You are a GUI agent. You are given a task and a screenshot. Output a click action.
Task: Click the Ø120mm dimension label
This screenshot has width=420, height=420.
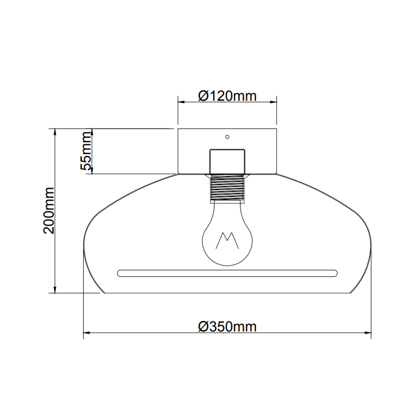(227, 95)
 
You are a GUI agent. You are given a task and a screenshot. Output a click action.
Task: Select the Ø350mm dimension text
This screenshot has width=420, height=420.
(227, 326)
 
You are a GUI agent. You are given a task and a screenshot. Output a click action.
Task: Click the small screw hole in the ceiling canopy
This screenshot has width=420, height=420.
(227, 136)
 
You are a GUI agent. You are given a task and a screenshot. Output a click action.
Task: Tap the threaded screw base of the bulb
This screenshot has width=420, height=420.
(227, 187)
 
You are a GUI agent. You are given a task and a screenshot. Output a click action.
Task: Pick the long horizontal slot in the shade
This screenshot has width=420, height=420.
(227, 273)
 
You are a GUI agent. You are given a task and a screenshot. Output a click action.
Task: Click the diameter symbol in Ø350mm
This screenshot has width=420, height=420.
(203, 326)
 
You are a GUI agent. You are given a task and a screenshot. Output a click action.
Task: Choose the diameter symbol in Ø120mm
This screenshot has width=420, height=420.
(203, 95)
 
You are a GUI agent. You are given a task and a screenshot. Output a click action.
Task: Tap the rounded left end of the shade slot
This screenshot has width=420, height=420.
(120, 273)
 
